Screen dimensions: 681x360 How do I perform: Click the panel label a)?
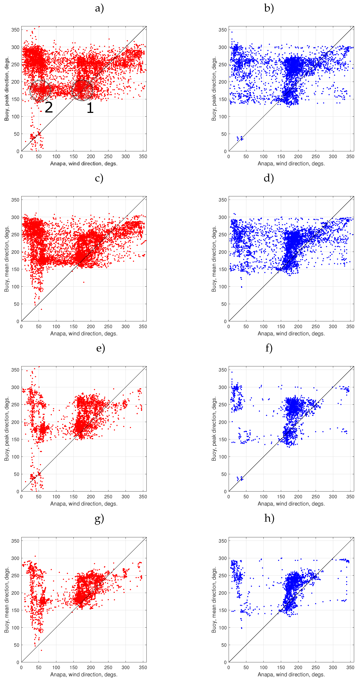pyautogui.click(x=99, y=8)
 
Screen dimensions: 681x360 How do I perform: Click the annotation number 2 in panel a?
pyautogui.click(x=49, y=107)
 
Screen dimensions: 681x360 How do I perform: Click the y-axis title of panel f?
pyautogui.click(x=214, y=429)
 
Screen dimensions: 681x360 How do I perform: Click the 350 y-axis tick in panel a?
pyautogui.click(x=15, y=30)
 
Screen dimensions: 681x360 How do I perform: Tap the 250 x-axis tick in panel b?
pyautogui.click(x=315, y=156)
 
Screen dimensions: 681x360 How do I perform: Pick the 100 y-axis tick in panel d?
pyautogui.click(x=223, y=287)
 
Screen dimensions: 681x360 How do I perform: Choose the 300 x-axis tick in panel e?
pyautogui.click(x=126, y=497)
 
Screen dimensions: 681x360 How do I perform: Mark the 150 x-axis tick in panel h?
pyautogui.click(x=281, y=668)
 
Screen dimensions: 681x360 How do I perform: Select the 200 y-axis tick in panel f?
pyautogui.click(x=223, y=422)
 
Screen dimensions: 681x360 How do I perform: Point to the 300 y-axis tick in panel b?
pyautogui.click(x=223, y=47)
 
